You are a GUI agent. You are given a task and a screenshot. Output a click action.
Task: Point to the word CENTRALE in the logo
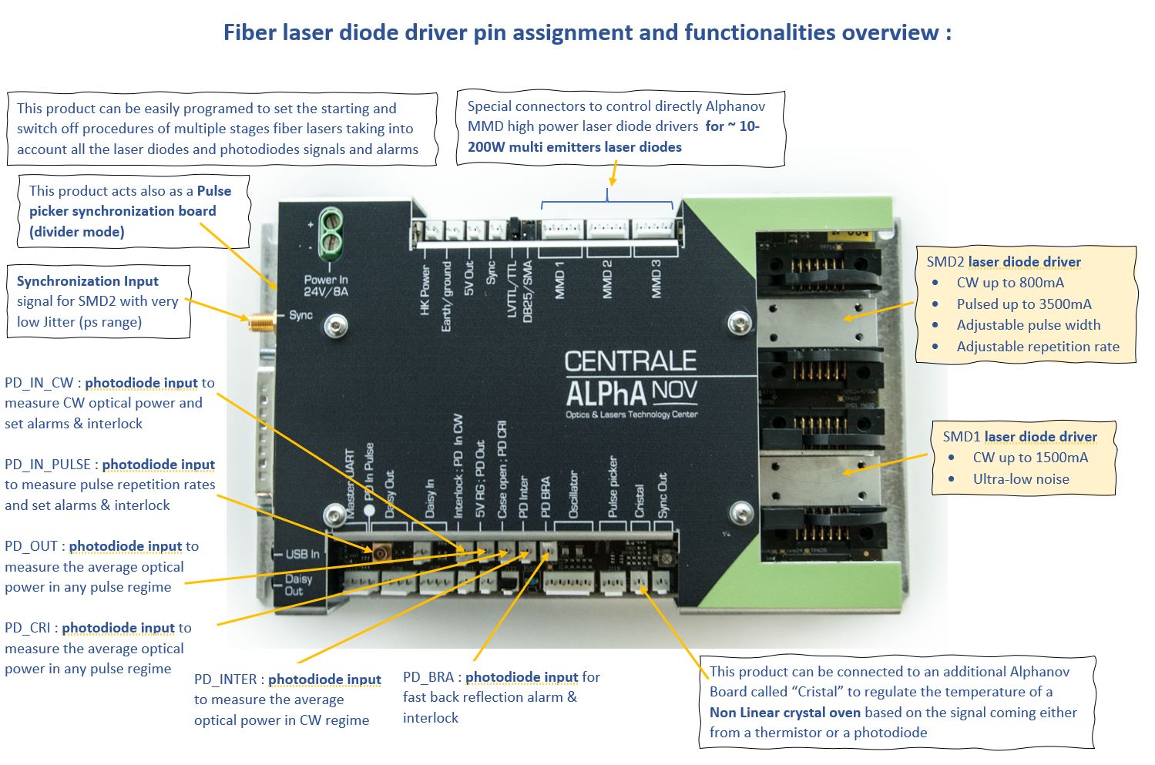coord(630,362)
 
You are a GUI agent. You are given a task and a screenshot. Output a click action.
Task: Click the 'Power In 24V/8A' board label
coord(325,286)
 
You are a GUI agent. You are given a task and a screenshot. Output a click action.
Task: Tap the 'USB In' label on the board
coord(302,554)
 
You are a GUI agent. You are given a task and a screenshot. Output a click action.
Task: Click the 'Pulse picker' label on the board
coord(613,487)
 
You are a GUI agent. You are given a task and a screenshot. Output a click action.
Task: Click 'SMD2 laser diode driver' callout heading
coord(1003,262)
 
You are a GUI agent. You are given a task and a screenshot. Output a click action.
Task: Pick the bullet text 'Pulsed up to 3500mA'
coord(1024,304)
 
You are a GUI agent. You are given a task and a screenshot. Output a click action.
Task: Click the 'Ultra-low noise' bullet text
coord(1021,478)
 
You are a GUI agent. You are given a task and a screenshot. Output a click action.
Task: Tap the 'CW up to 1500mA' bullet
coord(1030,457)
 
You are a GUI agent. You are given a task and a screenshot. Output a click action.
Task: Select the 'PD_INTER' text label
coord(225,679)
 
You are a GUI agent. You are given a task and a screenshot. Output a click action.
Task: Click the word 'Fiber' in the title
coord(249,32)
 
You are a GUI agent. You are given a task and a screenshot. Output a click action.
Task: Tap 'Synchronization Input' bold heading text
coord(87,281)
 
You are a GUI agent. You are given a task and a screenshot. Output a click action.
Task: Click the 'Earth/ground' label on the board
coord(446,297)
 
